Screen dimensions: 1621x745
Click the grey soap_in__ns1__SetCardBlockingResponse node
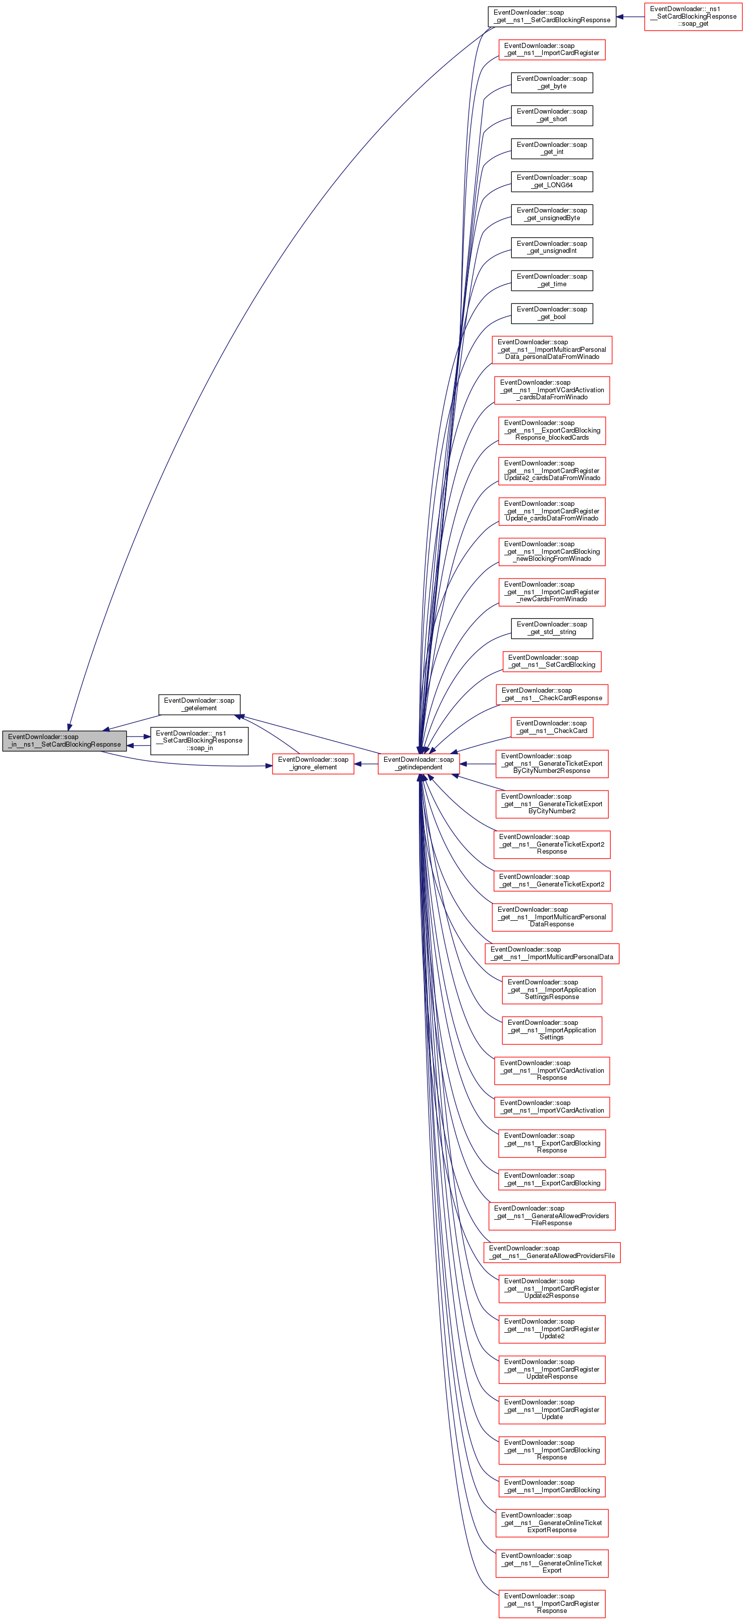[64, 741]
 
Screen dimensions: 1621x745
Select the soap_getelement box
[199, 704]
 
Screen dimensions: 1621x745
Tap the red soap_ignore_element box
[313, 763]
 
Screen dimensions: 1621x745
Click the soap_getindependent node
[418, 763]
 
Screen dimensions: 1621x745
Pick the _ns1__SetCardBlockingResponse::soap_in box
[199, 741]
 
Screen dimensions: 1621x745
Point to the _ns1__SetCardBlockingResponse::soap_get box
[693, 16]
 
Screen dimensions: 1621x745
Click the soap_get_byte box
[552, 82]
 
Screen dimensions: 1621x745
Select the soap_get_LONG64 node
[552, 181]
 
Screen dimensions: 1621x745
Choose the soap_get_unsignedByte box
[552, 214]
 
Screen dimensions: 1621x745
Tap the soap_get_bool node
[552, 313]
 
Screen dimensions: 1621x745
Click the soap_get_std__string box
[552, 628]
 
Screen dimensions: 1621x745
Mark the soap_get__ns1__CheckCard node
[552, 727]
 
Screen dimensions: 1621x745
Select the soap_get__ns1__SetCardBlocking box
[552, 661]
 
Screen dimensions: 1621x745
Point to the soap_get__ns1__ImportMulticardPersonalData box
[552, 953]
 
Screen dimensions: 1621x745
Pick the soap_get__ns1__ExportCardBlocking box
[552, 1179]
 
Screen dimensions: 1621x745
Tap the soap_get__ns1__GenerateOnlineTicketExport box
[552, 1562]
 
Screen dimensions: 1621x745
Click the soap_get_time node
[552, 280]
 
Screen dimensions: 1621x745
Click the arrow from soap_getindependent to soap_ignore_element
[366, 764]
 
